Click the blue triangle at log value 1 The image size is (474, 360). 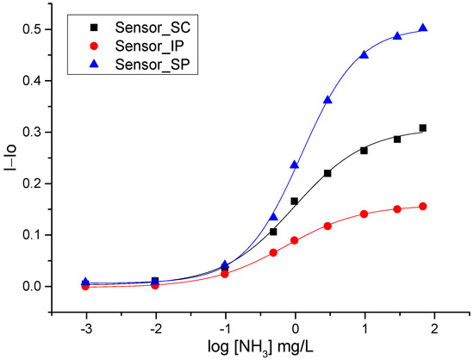click(365, 54)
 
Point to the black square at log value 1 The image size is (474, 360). click(365, 151)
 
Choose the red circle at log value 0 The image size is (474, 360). click(295, 240)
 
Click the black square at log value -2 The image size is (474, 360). click(155, 281)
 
